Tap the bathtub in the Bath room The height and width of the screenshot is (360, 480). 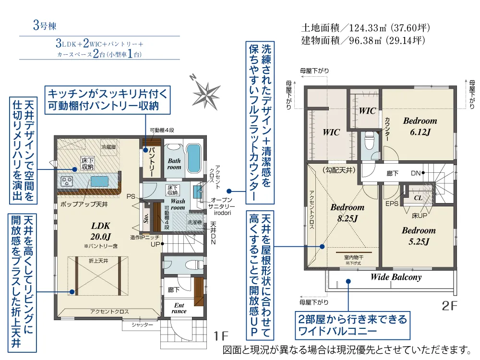click(x=193, y=158)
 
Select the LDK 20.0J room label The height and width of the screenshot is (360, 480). click(x=100, y=231)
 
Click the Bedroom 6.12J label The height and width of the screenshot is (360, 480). click(x=420, y=126)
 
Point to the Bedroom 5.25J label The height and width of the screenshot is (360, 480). click(x=419, y=236)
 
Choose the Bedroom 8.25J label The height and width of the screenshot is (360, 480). click(x=348, y=213)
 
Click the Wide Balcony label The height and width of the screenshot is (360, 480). click(x=396, y=277)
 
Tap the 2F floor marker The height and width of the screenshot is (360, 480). click(x=449, y=305)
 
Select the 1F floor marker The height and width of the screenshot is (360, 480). click(x=221, y=336)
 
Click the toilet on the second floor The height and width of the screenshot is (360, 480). click(x=369, y=141)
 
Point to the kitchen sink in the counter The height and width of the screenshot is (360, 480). click(x=99, y=181)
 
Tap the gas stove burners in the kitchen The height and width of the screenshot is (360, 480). click(x=67, y=181)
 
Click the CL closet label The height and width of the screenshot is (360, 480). click(x=418, y=198)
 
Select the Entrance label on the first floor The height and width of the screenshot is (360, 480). click(x=179, y=308)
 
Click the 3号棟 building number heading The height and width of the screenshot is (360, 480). click(x=45, y=25)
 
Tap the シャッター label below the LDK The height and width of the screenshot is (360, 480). click(x=142, y=324)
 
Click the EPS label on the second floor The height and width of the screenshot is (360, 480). click(x=392, y=204)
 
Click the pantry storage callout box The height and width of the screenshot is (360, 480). click(x=108, y=100)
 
